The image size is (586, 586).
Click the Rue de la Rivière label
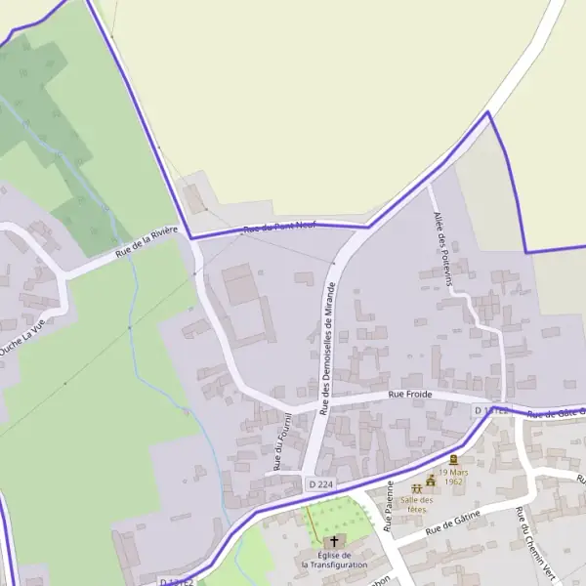point(146,241)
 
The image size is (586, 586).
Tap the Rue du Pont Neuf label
point(279,228)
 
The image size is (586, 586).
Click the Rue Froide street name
point(409,395)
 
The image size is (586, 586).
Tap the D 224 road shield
point(320,484)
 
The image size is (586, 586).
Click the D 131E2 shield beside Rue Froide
point(491,411)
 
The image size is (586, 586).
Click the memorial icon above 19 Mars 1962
point(453,460)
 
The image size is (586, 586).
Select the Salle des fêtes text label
point(416,504)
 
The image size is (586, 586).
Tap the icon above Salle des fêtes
point(417,485)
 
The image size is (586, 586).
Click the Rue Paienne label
point(389,505)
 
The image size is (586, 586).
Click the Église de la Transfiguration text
point(334,560)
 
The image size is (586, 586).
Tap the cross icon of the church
point(334,541)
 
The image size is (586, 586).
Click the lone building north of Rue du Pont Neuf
point(194,197)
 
